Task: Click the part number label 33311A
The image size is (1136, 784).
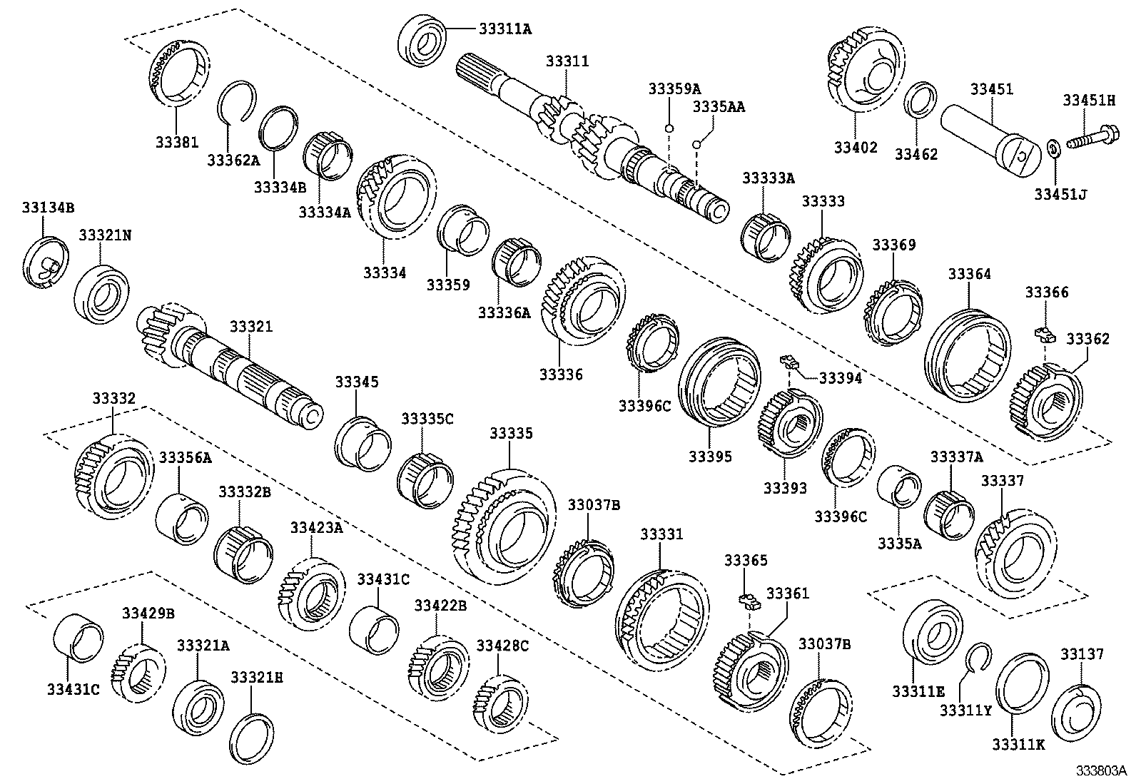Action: pyautogui.click(x=504, y=29)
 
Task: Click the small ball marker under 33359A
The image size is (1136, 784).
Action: pyautogui.click(x=669, y=128)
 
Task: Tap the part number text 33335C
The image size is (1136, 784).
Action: pyautogui.click(x=427, y=419)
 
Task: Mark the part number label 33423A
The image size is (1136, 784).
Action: pyautogui.click(x=316, y=527)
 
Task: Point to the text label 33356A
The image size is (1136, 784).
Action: pyautogui.click(x=185, y=457)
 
